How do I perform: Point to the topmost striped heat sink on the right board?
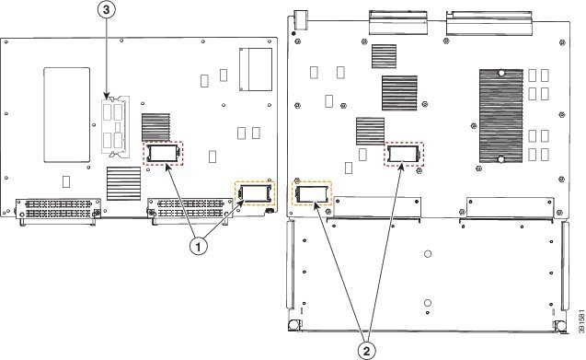(x=385, y=56)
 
